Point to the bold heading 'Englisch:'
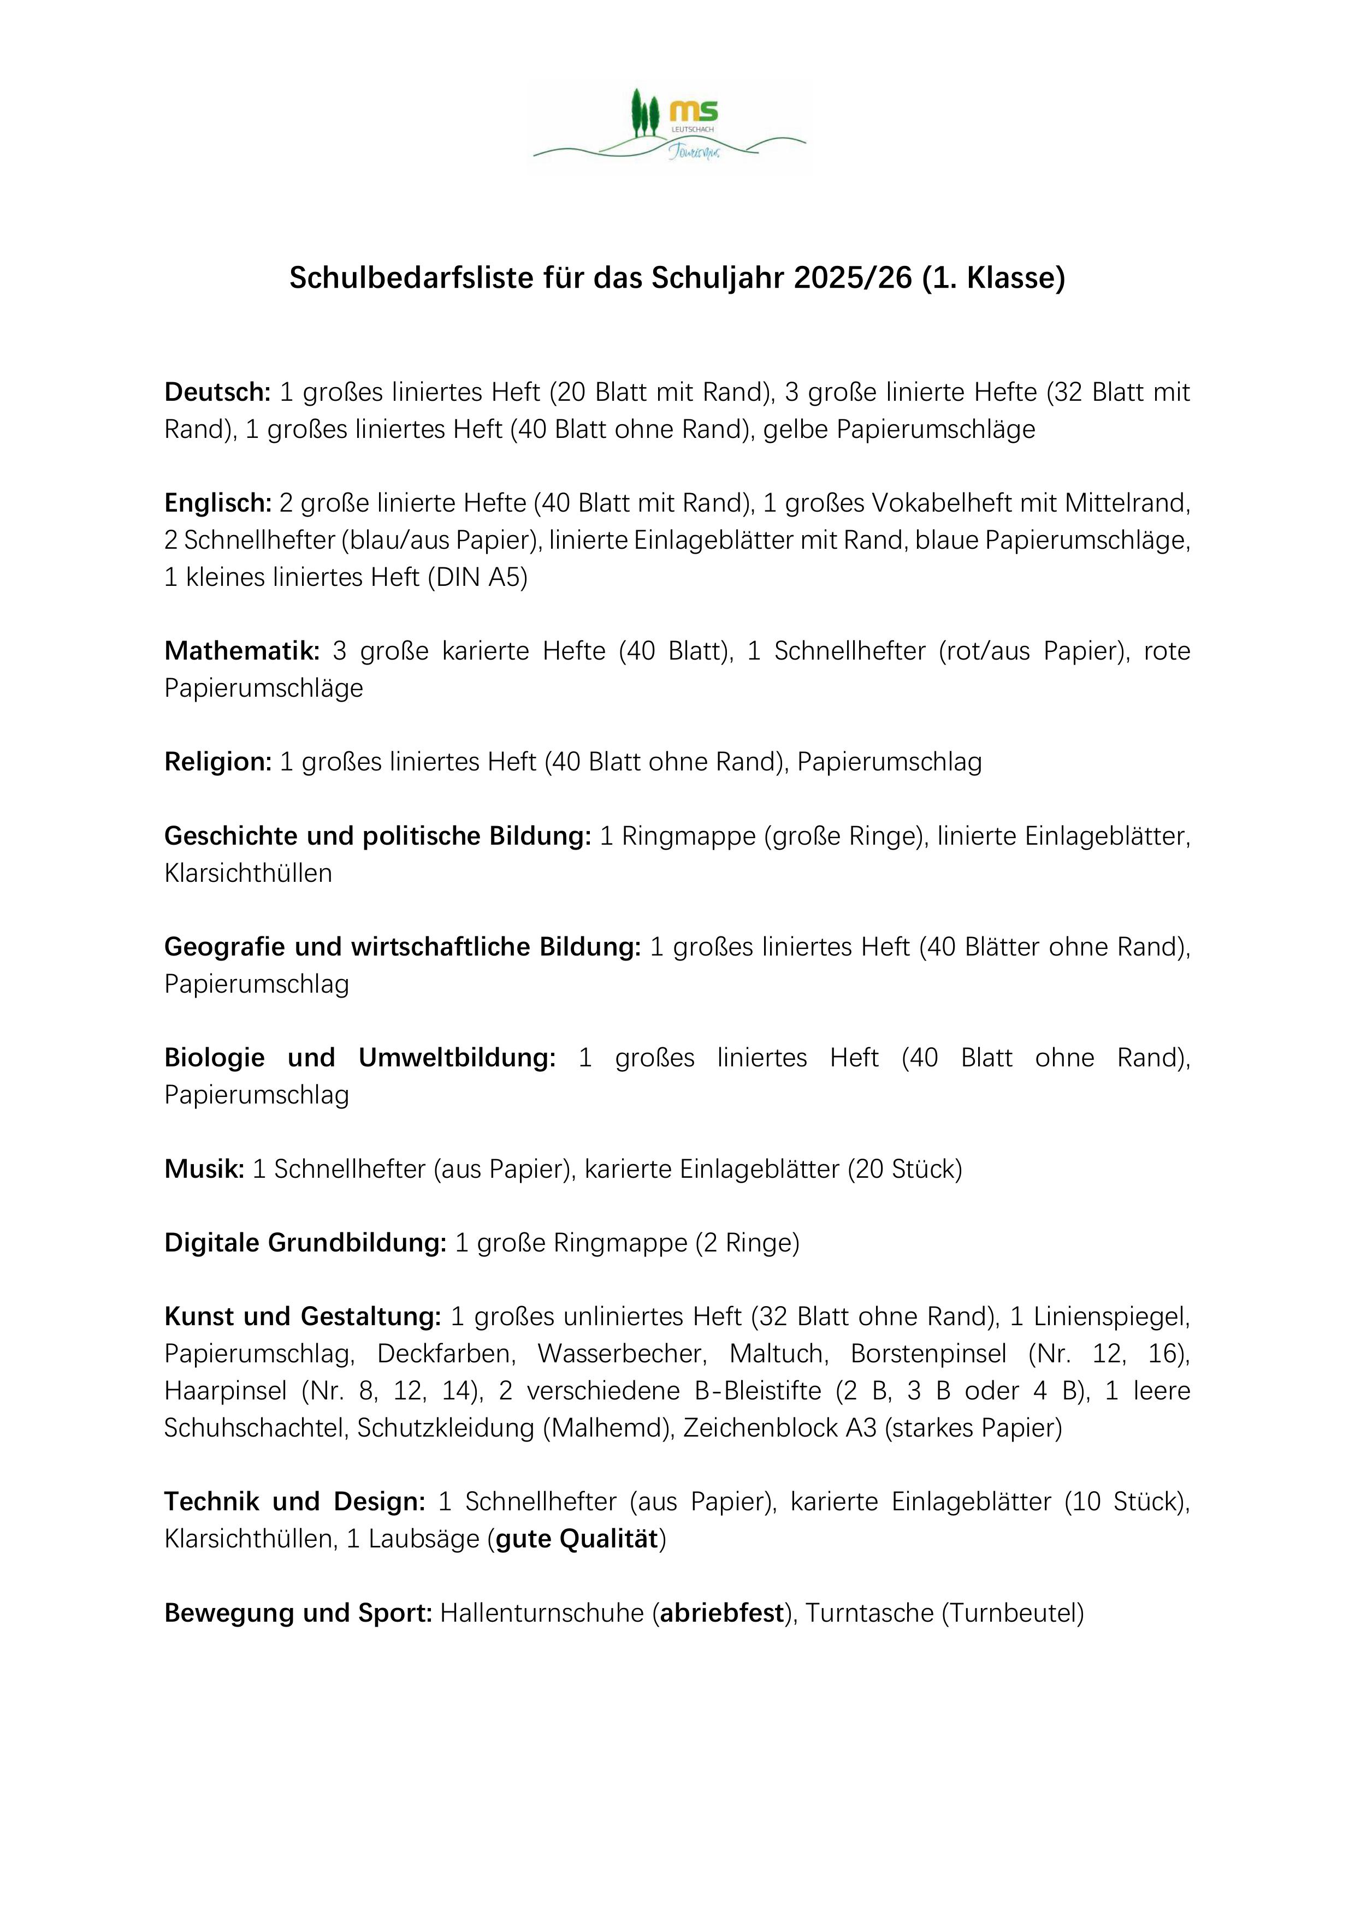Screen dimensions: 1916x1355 (x=218, y=503)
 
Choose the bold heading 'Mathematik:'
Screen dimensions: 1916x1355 (x=242, y=651)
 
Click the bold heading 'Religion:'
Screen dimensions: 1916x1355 (x=218, y=762)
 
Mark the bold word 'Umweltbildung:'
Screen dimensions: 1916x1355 (x=457, y=1058)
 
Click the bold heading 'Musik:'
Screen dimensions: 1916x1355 (x=205, y=1169)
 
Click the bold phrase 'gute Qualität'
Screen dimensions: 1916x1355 (x=577, y=1539)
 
